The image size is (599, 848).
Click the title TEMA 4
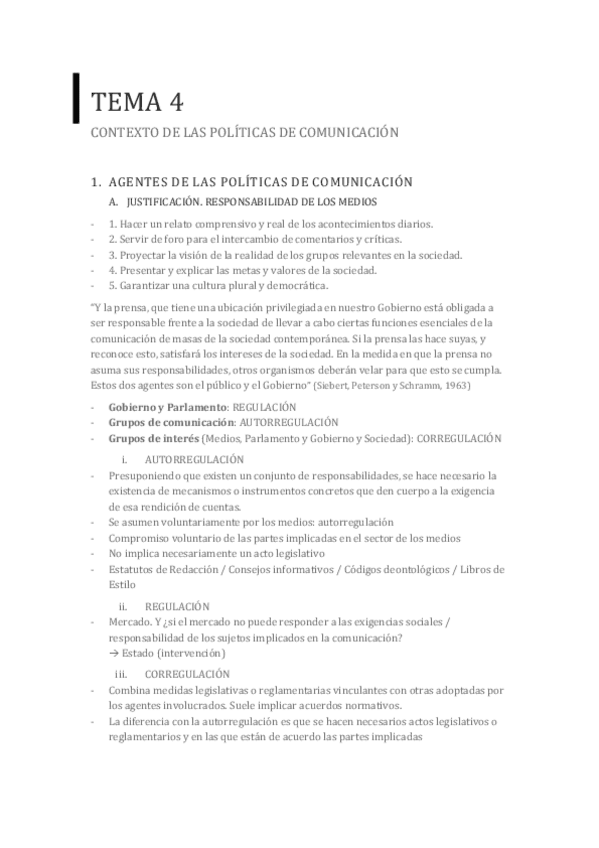click(137, 100)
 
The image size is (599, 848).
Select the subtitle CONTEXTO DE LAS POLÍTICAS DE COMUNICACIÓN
click(245, 131)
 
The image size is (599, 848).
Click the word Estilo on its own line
click(122, 585)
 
